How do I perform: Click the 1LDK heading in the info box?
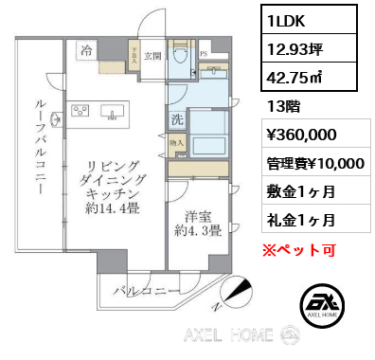[285, 19]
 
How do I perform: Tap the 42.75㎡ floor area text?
[295, 76]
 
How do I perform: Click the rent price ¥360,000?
[299, 136]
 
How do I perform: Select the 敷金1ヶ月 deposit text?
[299, 193]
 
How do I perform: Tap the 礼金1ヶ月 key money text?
[299, 220]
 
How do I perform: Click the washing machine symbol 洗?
[176, 119]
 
